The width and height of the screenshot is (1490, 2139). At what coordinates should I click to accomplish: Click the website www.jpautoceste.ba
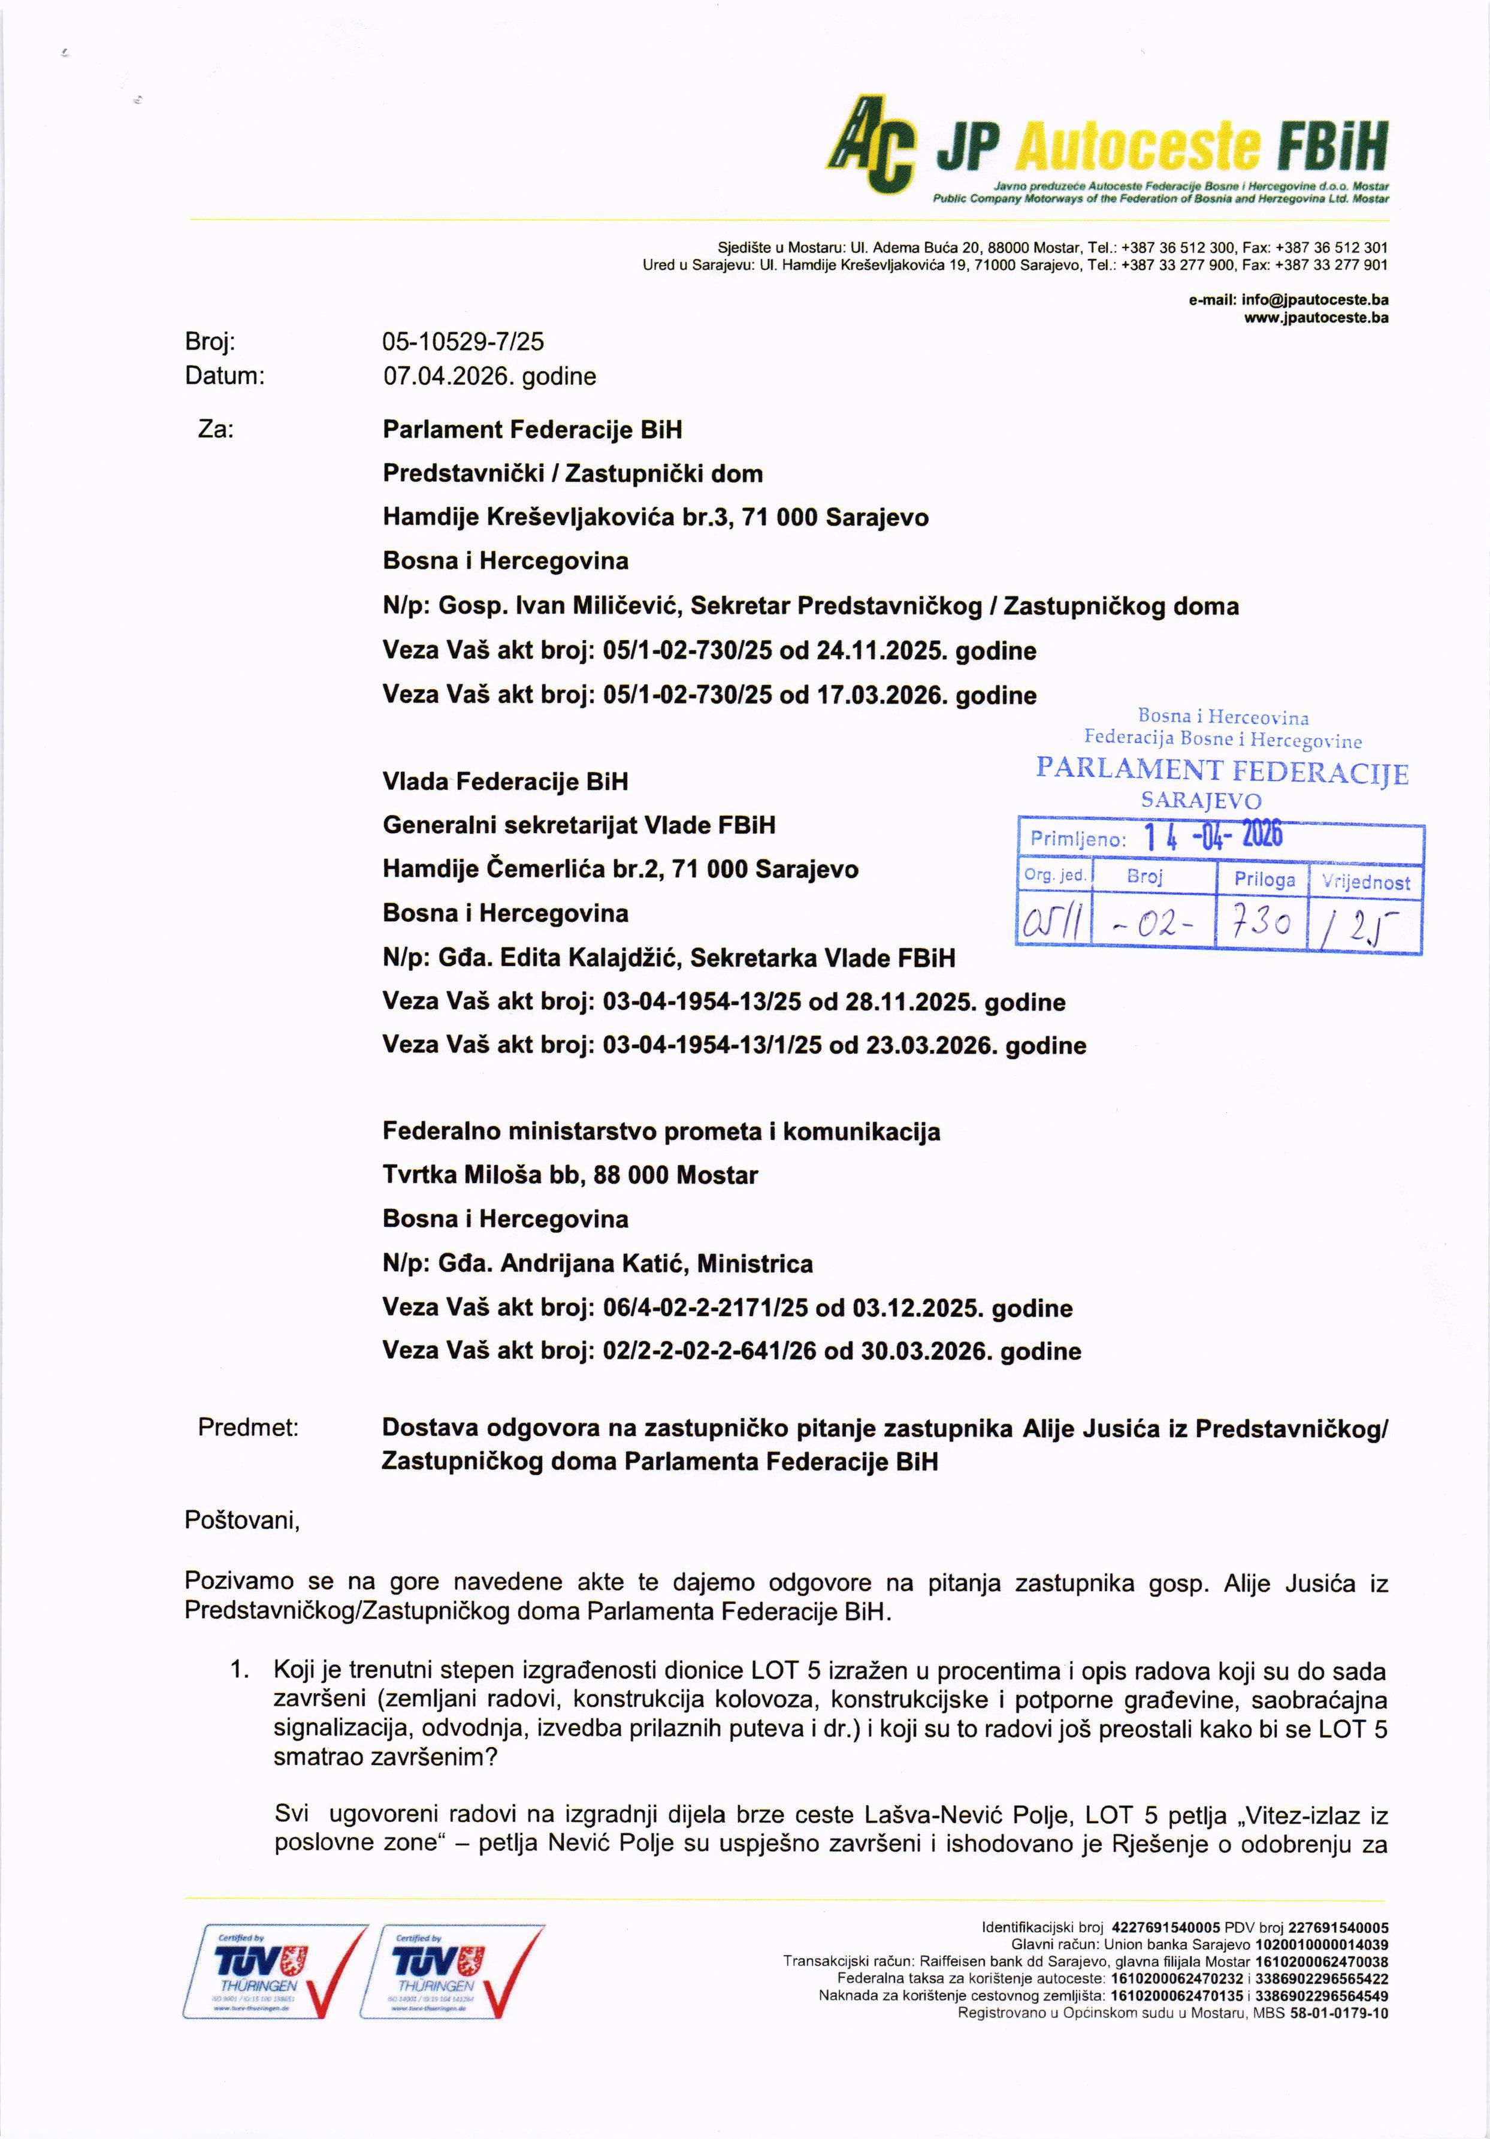click(x=1316, y=317)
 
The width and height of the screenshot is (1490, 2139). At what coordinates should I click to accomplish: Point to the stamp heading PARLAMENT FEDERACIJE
click(x=1222, y=771)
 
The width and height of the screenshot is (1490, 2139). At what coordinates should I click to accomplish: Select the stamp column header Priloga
click(x=1264, y=879)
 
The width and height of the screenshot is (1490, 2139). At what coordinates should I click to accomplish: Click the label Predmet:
click(x=247, y=1428)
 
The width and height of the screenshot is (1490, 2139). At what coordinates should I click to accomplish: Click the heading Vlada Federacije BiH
click(x=504, y=781)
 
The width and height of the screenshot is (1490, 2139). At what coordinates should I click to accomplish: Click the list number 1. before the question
click(x=240, y=1672)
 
